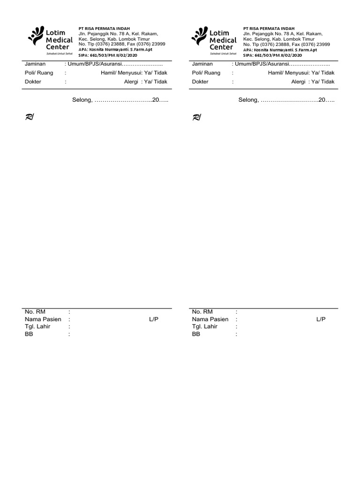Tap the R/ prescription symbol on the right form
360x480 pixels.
coord(196,118)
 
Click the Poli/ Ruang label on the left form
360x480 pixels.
coord(38,73)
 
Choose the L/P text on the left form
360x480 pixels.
coord(154,319)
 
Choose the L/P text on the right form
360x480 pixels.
coord(321,319)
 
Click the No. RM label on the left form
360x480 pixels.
coord(35,312)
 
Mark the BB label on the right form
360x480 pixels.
coord(196,334)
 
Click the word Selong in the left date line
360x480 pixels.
coord(82,100)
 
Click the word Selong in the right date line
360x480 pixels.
coord(248,100)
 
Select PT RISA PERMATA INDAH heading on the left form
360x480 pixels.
coord(104,29)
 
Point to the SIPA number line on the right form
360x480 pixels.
coord(272,55)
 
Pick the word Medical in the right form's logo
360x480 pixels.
coord(223,40)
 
